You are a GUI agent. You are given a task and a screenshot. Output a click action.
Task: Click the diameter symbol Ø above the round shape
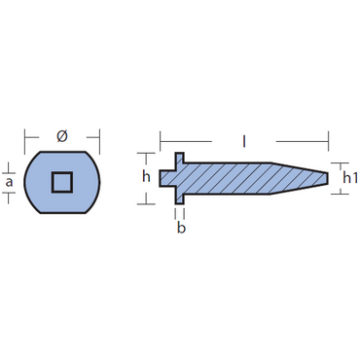[62, 136]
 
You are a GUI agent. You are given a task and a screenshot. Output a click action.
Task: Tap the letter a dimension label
[9, 182]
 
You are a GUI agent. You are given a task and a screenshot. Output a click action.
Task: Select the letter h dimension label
[146, 177]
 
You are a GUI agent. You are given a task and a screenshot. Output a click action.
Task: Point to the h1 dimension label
[350, 178]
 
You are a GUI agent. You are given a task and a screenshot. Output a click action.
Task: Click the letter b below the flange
[181, 228]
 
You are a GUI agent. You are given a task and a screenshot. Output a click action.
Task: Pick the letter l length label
[244, 141]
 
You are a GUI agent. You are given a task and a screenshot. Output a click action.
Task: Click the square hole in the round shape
[62, 182]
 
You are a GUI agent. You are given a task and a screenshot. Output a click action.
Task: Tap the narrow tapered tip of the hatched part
[326, 178]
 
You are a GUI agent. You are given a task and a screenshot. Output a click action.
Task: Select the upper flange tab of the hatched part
[180, 158]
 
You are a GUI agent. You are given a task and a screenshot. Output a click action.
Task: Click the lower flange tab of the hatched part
[180, 198]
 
